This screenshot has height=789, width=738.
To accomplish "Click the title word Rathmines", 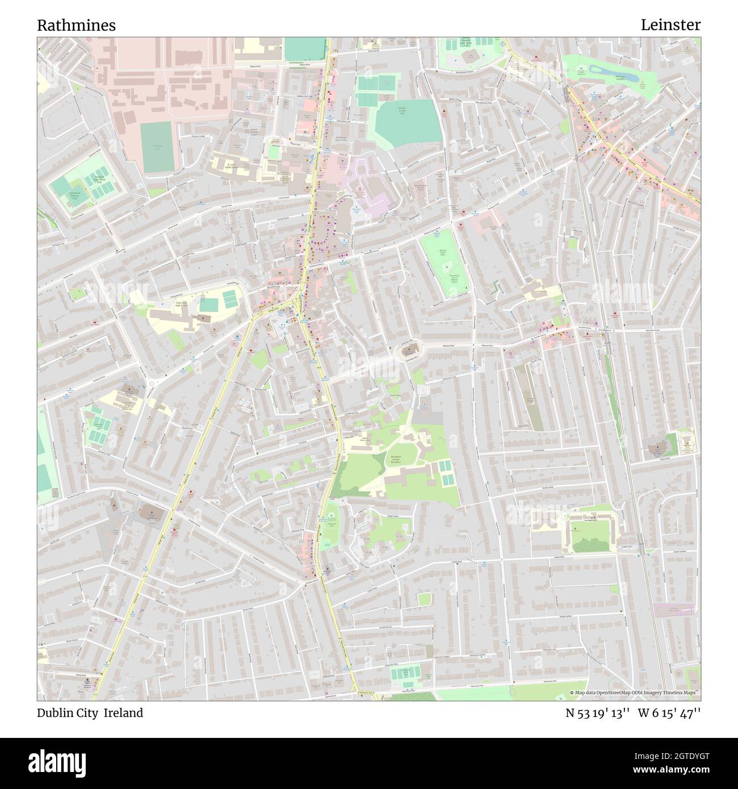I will [x=77, y=26].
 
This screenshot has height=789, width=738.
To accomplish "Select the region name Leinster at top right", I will [x=670, y=25].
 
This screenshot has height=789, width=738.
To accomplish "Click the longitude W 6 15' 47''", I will [x=672, y=714].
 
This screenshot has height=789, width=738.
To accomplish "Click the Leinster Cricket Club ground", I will [x=408, y=120].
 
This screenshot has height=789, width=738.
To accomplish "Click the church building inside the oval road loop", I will [x=411, y=349].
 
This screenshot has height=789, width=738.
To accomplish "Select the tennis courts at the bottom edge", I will [x=406, y=674].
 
